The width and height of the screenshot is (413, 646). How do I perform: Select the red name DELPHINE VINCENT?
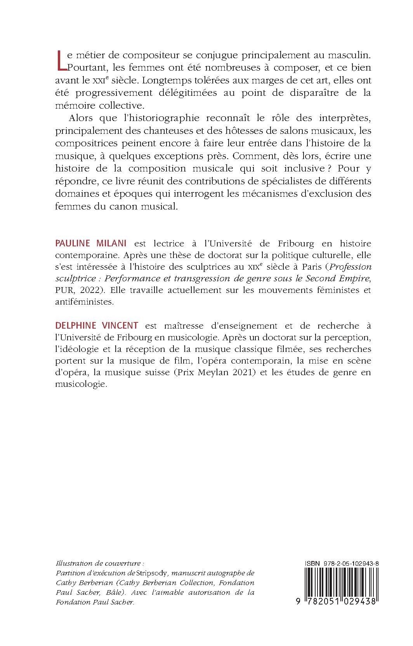[97, 325]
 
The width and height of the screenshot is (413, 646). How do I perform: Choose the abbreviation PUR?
[64, 290]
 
